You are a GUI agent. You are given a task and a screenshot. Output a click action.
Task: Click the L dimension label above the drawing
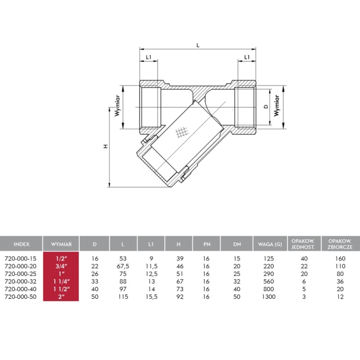point(198,45)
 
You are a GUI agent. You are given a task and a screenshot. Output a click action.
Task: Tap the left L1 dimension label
point(149,57)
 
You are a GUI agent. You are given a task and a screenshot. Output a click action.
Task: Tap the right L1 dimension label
point(247,57)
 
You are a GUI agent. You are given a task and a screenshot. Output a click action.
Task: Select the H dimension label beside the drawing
point(106,146)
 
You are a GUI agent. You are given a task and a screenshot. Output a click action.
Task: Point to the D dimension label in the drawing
point(266,107)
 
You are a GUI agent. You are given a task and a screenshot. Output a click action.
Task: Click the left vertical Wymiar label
point(117,106)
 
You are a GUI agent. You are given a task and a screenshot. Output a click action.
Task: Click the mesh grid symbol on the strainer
point(182,132)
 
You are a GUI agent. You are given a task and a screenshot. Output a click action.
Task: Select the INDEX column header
point(21,244)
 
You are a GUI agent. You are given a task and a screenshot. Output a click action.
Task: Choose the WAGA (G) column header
point(270,244)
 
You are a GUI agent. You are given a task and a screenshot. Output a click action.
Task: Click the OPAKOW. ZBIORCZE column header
point(340,244)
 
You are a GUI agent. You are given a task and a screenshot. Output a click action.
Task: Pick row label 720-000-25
point(20,274)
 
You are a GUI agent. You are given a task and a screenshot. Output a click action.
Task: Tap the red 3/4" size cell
point(61,266)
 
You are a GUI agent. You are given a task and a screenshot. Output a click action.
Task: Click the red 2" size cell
point(61,297)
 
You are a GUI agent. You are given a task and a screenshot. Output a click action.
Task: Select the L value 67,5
point(123,266)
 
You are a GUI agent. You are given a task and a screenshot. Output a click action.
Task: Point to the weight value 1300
point(269,297)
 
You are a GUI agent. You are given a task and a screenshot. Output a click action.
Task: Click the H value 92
point(180,297)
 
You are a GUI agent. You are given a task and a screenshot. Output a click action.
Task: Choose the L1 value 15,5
point(152,297)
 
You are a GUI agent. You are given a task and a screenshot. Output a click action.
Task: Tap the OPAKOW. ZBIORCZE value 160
point(340,258)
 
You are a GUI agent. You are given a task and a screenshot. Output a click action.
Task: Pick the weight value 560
point(269,281)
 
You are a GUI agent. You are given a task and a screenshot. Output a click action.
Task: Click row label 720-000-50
point(20,297)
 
